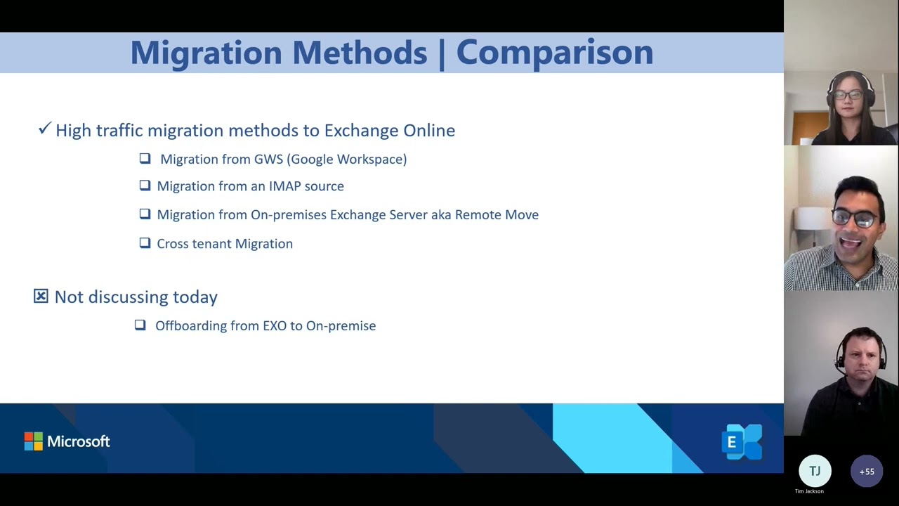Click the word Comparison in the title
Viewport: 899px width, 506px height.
click(x=554, y=53)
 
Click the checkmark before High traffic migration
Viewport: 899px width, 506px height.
click(x=45, y=129)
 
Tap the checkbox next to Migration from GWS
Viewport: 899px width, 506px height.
click(x=145, y=159)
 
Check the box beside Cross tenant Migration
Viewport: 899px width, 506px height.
click(x=145, y=243)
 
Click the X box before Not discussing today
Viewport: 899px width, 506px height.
click(x=41, y=297)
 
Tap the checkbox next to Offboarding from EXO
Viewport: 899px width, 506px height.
click(x=140, y=325)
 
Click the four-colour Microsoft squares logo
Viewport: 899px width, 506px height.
click(x=33, y=441)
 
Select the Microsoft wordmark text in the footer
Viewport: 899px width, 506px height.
click(x=78, y=441)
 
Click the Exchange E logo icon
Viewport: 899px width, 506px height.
click(x=741, y=442)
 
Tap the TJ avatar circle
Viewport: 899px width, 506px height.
click(x=815, y=471)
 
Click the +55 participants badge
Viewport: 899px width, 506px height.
click(x=867, y=472)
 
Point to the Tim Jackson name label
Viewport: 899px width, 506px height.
click(x=809, y=491)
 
